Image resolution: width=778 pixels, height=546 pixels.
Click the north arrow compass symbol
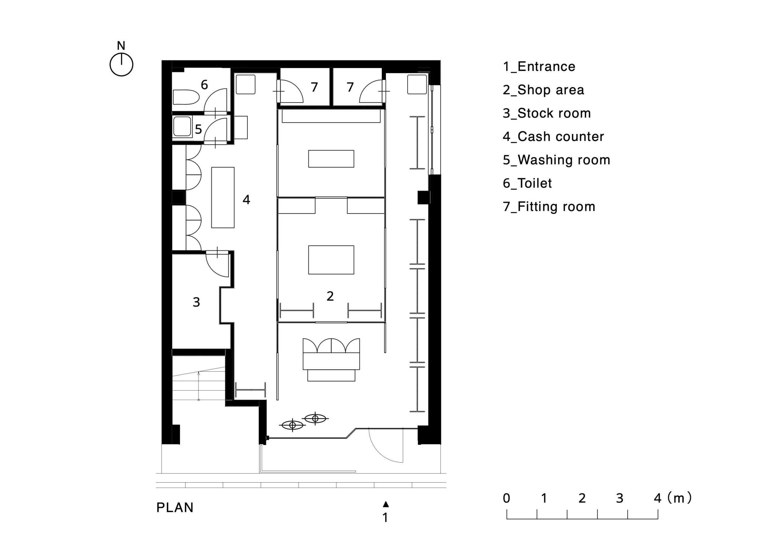[x=121, y=64]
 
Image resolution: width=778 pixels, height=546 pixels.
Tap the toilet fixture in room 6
[x=186, y=97]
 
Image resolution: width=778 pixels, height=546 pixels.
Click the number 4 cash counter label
[x=246, y=200]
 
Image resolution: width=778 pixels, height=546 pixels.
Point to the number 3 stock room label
[x=196, y=302]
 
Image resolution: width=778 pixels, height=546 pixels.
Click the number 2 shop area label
[x=330, y=296]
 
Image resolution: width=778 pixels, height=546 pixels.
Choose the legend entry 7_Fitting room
[x=549, y=207]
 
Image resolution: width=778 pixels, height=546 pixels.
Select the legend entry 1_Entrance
[x=539, y=67]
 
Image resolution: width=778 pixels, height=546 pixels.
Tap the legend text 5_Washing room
[x=556, y=160]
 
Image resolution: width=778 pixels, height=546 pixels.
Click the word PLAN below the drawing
[x=175, y=507]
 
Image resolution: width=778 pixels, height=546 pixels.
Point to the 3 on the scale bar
[x=620, y=498]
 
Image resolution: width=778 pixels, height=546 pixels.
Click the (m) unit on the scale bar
[x=680, y=498]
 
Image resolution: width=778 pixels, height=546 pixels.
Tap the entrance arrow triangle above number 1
[x=386, y=504]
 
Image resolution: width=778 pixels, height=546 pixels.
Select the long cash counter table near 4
[x=223, y=197]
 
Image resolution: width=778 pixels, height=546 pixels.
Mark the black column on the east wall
[x=424, y=197]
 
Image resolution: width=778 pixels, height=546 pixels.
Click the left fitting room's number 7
[x=315, y=87]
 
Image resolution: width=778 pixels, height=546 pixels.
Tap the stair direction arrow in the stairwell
[x=198, y=386]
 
